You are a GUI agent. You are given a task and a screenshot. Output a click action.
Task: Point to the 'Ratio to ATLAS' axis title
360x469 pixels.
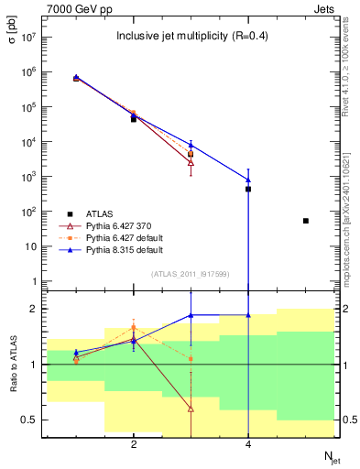coord(13,364)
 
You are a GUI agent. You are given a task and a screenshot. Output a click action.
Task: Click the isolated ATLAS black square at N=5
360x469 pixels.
coord(306,221)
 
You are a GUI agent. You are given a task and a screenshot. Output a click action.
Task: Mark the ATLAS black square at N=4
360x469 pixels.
coord(248,189)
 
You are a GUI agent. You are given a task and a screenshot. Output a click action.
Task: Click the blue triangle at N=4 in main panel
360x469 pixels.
coord(248,180)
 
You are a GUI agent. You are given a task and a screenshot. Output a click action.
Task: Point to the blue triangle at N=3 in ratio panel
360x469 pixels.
coord(191,315)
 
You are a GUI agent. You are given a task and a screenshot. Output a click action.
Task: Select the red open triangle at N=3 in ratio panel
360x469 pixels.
coord(191,409)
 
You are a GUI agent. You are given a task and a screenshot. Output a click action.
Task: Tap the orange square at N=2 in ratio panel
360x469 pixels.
coord(134,327)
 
